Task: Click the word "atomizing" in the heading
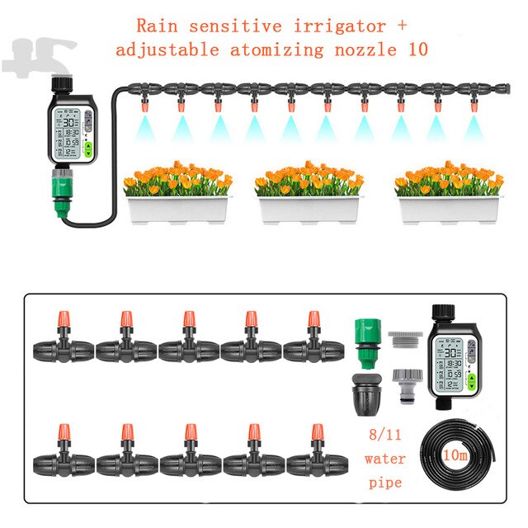[x=278, y=49]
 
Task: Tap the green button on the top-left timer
[x=88, y=149]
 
